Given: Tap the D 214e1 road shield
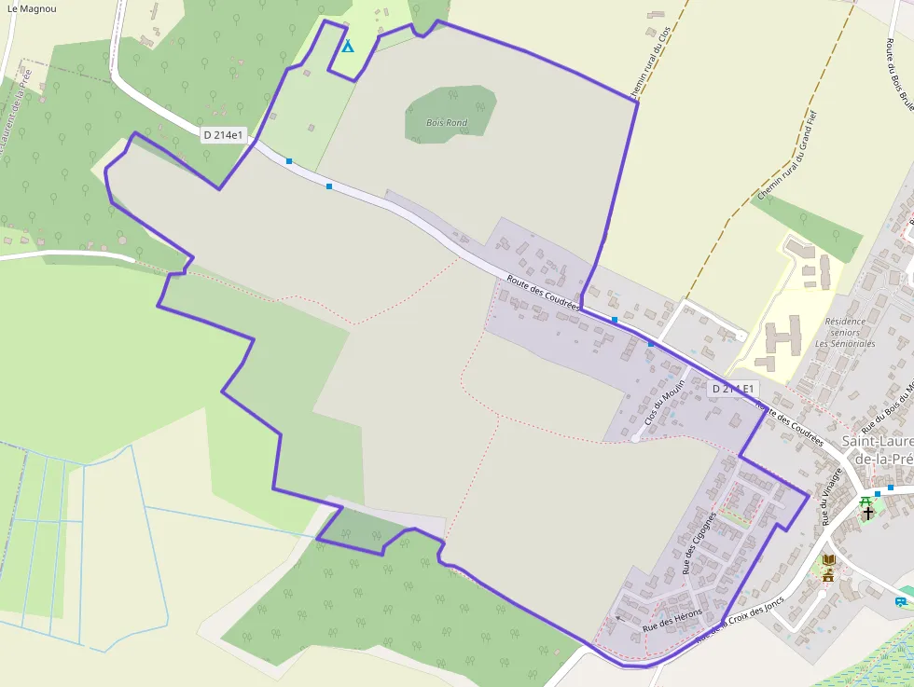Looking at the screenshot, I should (x=224, y=135).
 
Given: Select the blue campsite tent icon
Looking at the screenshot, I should (x=348, y=46).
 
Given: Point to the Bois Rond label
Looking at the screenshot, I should (x=447, y=123).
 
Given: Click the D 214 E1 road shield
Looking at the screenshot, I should (x=732, y=389).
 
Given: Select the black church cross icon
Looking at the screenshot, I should (x=868, y=513).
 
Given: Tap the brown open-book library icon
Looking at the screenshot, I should (x=828, y=560).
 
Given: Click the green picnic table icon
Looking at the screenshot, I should (x=866, y=501).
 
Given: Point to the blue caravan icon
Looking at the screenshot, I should (x=902, y=601).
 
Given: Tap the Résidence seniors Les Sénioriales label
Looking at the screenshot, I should (x=845, y=333).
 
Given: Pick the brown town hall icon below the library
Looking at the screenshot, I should (x=828, y=575).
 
